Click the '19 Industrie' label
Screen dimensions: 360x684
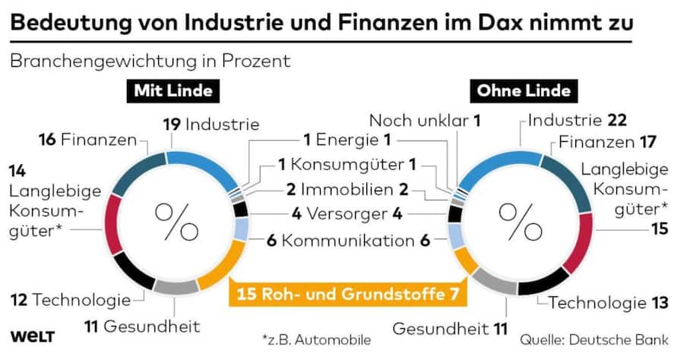(212, 124)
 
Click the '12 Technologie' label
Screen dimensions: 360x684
(71, 301)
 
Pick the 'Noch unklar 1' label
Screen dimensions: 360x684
(426, 120)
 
